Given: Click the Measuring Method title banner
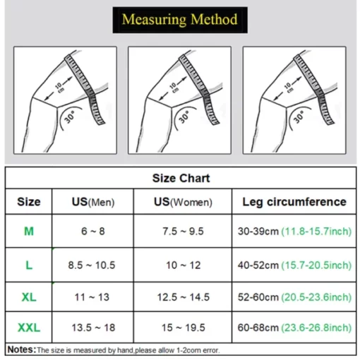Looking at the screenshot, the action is (x=180, y=20).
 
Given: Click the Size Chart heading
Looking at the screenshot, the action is (x=181, y=178).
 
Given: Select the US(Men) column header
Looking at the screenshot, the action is (x=93, y=202).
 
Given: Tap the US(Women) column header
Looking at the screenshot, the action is (x=183, y=202).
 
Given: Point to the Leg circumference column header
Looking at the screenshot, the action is (x=294, y=202).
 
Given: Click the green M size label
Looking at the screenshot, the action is (x=29, y=231).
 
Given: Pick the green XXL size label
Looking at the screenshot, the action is (x=29, y=328).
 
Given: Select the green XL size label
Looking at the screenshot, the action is (x=29, y=297).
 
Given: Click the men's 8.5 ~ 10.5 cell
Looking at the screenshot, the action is (x=92, y=265).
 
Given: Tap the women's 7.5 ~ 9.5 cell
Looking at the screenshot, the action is (x=183, y=231).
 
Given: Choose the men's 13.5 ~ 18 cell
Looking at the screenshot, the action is (x=93, y=328).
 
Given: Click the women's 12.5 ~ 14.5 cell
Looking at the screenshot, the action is (x=184, y=297).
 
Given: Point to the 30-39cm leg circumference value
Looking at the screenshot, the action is (x=258, y=232).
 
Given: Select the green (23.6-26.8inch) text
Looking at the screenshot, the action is (x=316, y=328).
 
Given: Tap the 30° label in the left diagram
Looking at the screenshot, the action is (x=69, y=117).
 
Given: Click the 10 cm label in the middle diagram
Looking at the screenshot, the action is (x=174, y=88).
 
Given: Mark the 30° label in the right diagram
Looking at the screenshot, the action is (x=299, y=117).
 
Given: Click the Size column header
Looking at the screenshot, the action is (x=29, y=202).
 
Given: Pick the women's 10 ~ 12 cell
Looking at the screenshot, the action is (x=184, y=265).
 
